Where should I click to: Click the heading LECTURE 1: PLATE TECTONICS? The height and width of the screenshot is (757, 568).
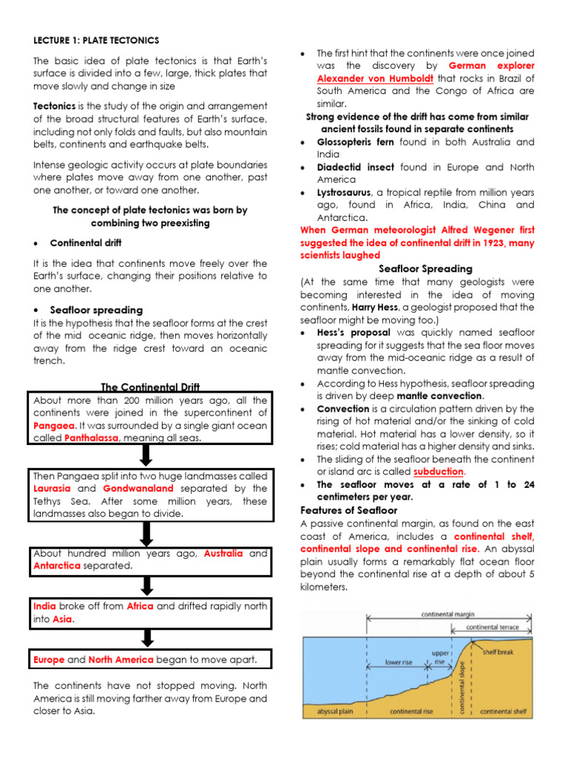pos(96,40)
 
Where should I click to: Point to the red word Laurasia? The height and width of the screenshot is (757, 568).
pos(53,489)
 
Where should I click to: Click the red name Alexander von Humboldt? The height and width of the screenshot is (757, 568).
pos(365,78)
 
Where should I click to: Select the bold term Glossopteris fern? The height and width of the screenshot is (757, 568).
pos(355,142)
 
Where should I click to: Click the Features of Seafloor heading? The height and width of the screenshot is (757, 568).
pos(349,510)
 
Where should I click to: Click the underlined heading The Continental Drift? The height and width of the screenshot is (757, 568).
pos(150,387)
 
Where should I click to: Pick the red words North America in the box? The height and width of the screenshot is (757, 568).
pos(121,659)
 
